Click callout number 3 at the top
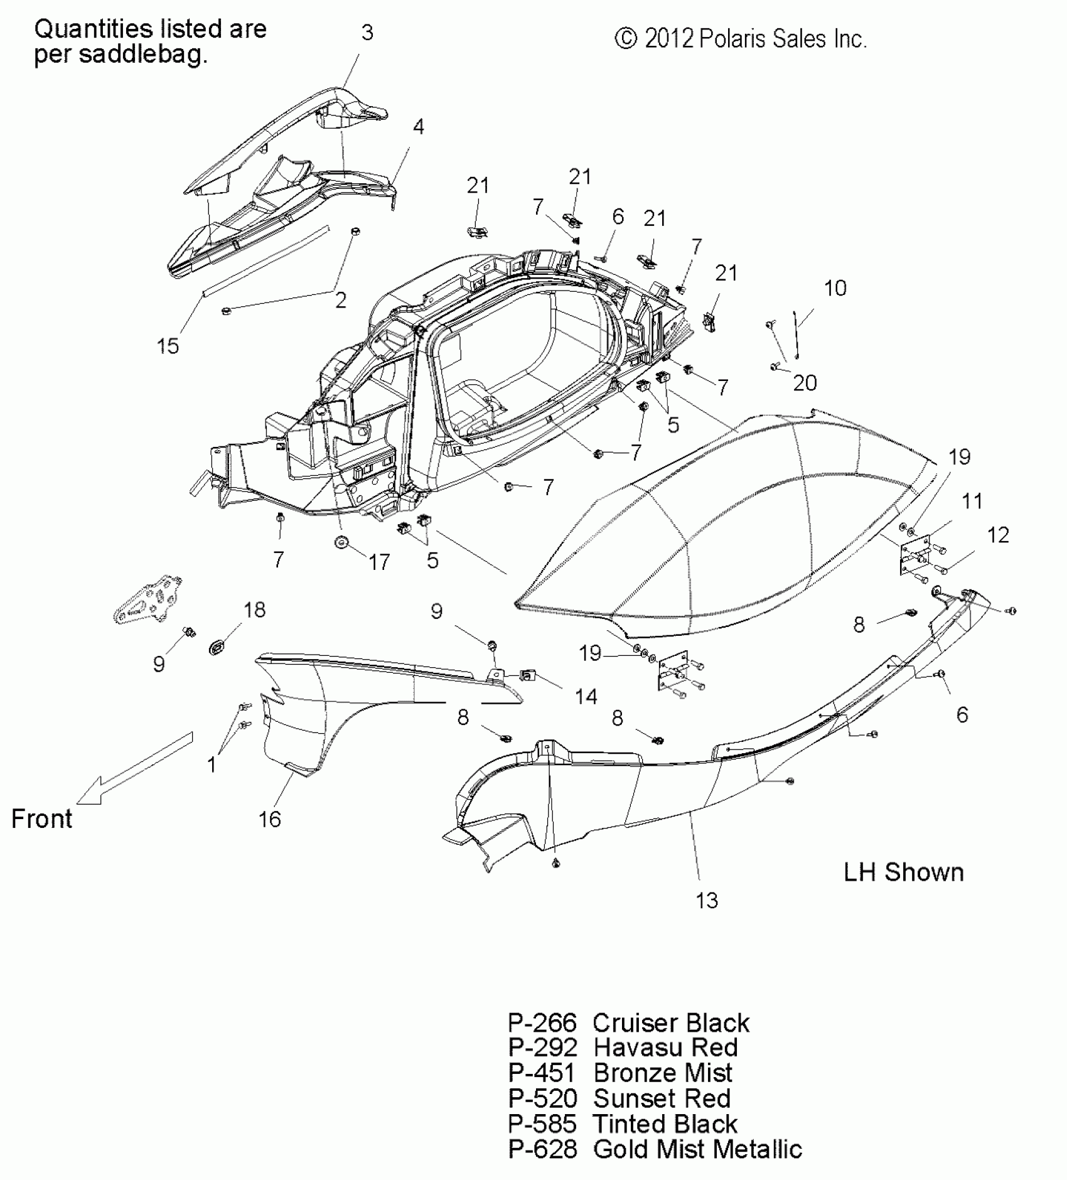point(367,33)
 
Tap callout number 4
point(418,127)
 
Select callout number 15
point(168,346)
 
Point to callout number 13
point(706,901)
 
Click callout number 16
point(270,819)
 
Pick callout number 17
point(378,562)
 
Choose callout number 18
point(254,609)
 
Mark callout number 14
point(586,696)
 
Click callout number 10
point(835,288)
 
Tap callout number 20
point(805,383)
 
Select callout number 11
point(972,501)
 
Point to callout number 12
point(998,535)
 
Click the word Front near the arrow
point(41,819)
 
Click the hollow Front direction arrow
point(135,768)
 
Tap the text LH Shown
point(903,872)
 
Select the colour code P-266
point(542,1022)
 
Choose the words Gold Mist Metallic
point(697,1149)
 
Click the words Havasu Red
point(665,1048)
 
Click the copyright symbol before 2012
point(626,39)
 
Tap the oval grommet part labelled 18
point(217,646)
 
